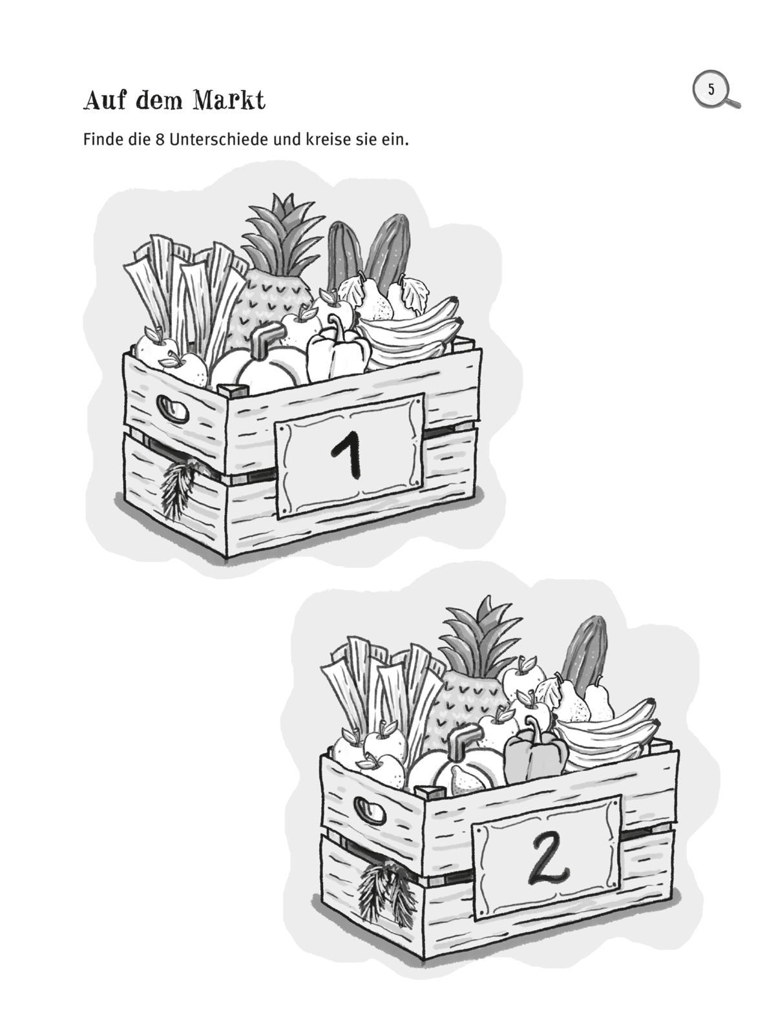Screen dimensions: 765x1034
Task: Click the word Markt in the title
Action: pos(229,100)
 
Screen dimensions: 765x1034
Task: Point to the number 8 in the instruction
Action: pos(160,140)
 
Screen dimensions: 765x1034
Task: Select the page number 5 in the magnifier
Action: pos(711,89)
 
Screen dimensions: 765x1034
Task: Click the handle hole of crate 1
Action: pos(173,409)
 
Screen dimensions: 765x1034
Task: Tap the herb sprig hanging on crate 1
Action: pos(178,488)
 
